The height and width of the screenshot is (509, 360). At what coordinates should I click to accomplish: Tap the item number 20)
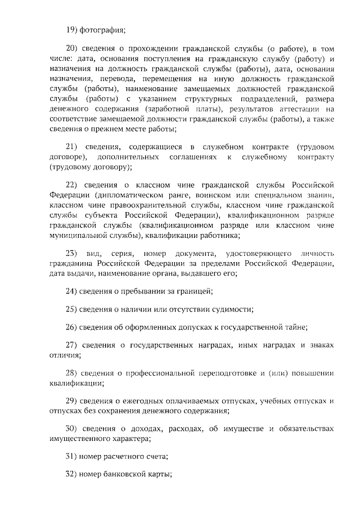[x=74, y=50]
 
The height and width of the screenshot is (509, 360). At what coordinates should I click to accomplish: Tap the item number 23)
[x=74, y=254]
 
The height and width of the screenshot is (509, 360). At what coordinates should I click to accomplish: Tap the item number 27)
[x=74, y=345]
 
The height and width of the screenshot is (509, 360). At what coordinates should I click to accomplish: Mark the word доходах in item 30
[x=145, y=430]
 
